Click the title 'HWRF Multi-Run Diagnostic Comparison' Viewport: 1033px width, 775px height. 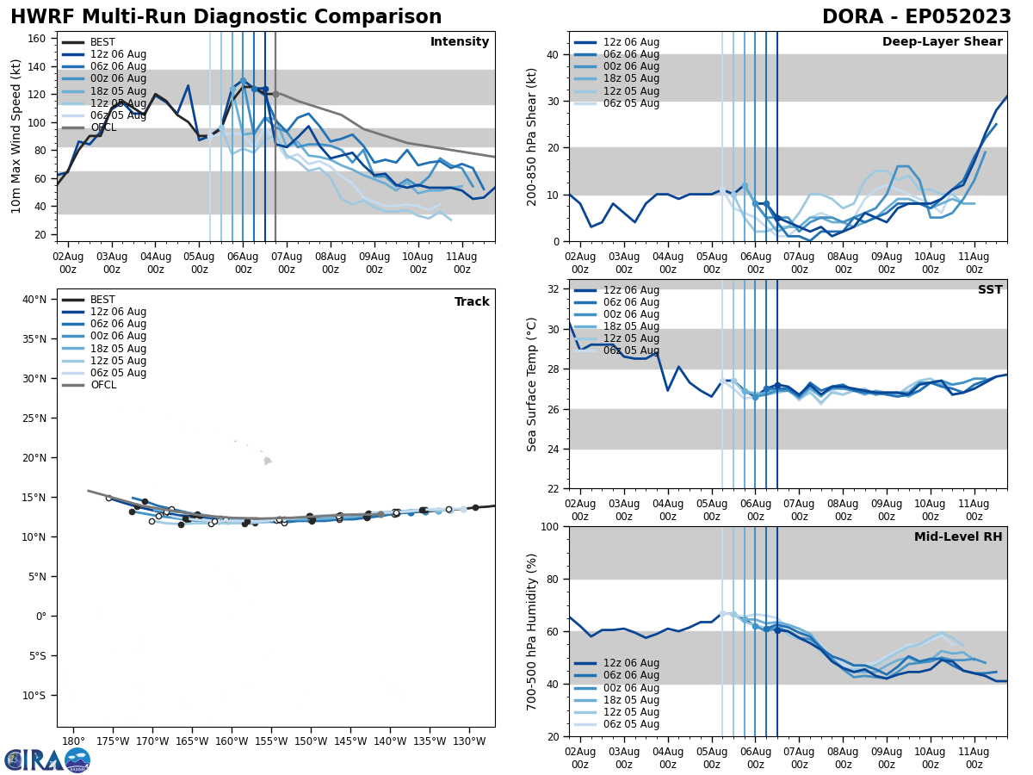(226, 17)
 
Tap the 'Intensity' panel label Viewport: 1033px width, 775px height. (460, 42)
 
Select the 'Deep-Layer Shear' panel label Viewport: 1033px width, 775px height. (942, 42)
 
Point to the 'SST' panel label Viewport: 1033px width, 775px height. (990, 290)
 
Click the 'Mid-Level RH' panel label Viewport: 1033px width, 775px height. (958, 537)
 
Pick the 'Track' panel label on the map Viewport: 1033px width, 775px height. (472, 302)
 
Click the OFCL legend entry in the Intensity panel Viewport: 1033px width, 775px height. (103, 127)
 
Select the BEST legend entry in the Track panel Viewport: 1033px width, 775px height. (102, 300)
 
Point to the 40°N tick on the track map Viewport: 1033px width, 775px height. (34, 300)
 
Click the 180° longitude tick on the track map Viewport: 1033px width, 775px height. (73, 741)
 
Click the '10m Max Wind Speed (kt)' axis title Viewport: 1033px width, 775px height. (16, 136)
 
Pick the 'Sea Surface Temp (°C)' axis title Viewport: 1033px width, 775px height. (533, 384)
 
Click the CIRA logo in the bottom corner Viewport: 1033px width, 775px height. (46, 760)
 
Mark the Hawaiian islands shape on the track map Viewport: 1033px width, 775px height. (267, 461)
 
